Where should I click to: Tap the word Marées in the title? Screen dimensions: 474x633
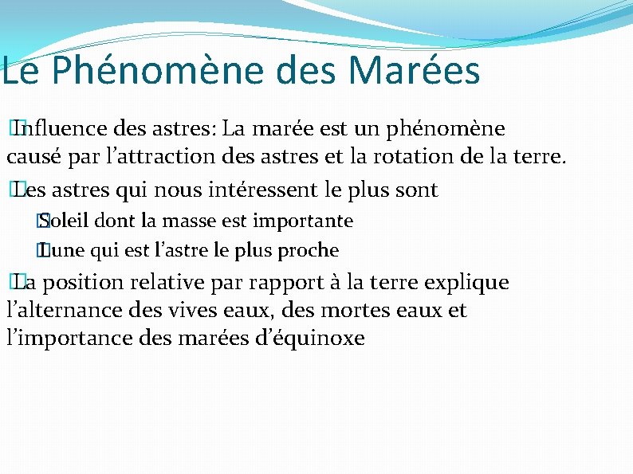coord(415,70)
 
